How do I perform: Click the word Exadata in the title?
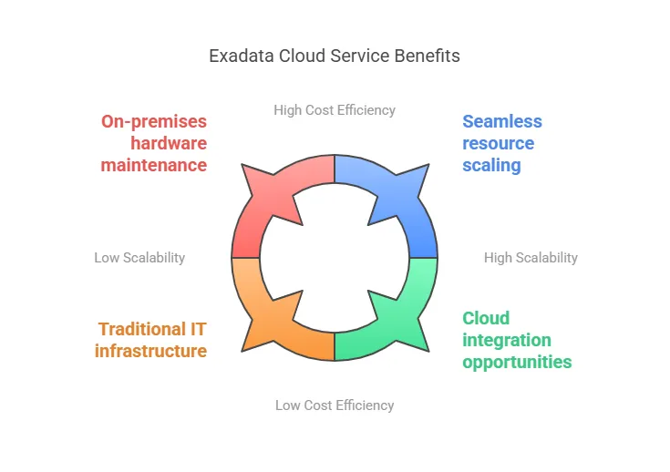(241, 56)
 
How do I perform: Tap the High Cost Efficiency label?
(335, 110)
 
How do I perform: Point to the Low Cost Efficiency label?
(335, 405)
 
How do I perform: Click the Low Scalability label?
(139, 258)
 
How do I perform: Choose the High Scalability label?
(531, 258)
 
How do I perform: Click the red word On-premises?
(154, 122)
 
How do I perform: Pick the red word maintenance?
(154, 165)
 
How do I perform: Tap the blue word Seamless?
(502, 121)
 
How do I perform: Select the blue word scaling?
(491, 166)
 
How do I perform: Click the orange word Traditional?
(142, 329)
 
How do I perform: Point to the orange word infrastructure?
(150, 351)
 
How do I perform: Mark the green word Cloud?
(486, 318)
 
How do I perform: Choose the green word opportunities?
(517, 363)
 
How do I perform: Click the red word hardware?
(169, 144)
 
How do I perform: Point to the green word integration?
(507, 341)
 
